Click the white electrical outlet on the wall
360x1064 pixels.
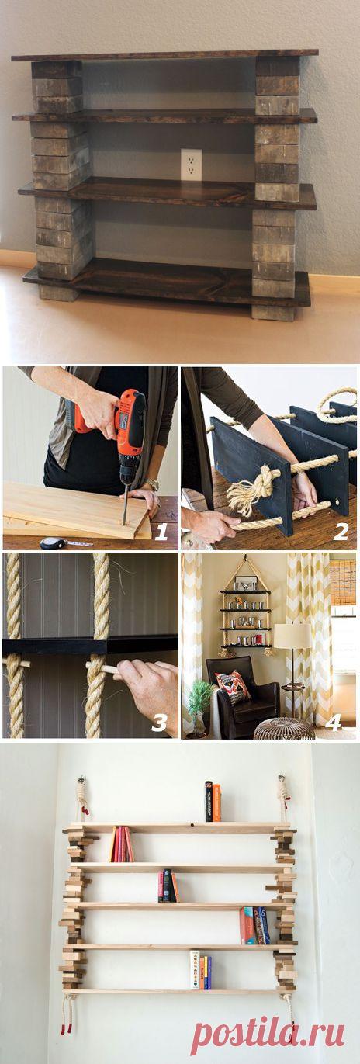coord(191,165)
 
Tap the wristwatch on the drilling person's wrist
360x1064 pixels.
coord(152,484)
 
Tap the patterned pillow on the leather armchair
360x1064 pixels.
coord(233,685)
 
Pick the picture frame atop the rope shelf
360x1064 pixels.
coord(245,583)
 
